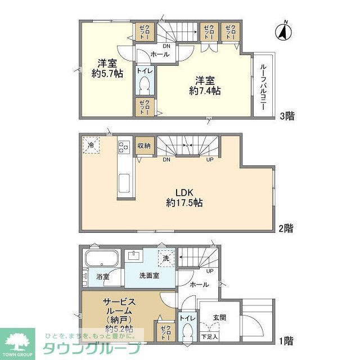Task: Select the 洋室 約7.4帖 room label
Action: (208, 85)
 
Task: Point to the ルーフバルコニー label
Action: (263, 85)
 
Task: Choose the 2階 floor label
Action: (286, 228)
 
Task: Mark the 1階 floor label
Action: (286, 340)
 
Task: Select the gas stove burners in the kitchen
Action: (124, 147)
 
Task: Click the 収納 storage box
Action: (143, 146)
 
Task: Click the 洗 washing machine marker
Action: (166, 258)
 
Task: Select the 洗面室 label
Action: (149, 276)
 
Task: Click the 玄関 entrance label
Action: (219, 317)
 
